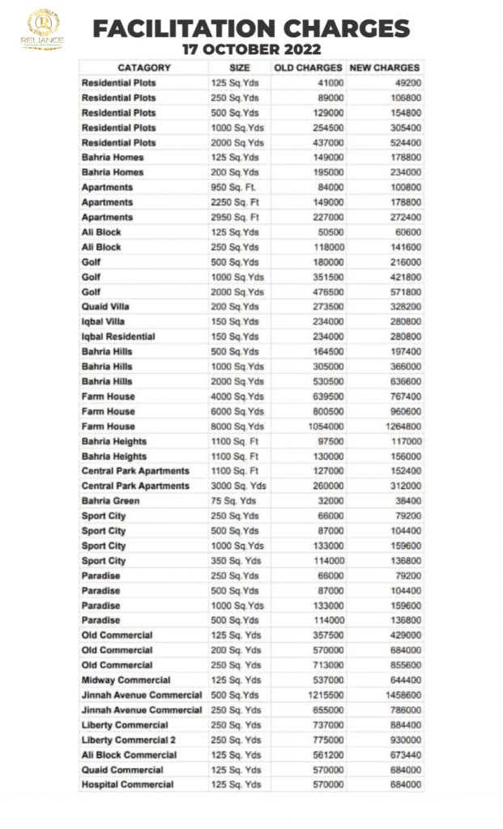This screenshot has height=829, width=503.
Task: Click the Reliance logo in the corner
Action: (43, 30)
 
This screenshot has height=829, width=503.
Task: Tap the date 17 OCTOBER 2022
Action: (251, 49)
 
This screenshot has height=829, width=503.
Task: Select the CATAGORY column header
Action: (143, 68)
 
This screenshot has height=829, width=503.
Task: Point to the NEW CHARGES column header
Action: (384, 68)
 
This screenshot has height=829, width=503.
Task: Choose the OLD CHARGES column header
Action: (308, 68)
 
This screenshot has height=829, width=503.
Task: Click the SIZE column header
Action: (240, 68)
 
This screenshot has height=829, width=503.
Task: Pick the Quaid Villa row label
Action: (105, 307)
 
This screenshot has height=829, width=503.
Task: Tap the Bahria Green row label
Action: (110, 501)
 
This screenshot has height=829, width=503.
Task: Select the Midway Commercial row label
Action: (126, 680)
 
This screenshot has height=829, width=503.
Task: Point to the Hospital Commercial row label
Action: (127, 784)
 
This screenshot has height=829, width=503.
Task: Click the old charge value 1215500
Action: (325, 695)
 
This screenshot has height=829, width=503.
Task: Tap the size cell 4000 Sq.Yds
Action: (237, 397)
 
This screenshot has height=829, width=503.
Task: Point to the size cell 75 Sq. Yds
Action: (235, 501)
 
